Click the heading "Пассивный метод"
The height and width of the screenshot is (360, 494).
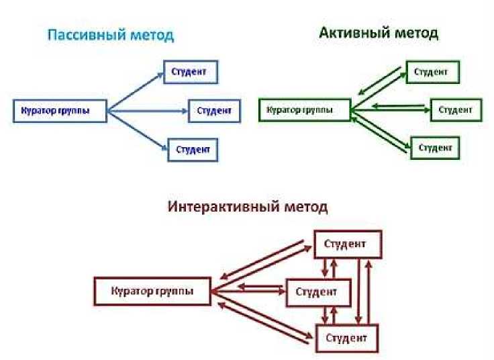[111, 35]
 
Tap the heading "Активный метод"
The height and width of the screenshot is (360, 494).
[379, 33]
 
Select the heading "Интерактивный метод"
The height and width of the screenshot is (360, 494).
[248, 207]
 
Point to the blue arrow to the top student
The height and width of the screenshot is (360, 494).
[136, 92]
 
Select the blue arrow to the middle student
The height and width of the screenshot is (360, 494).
[148, 111]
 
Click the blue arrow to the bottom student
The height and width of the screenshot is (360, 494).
[138, 130]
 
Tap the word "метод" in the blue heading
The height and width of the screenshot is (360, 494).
[152, 36]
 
